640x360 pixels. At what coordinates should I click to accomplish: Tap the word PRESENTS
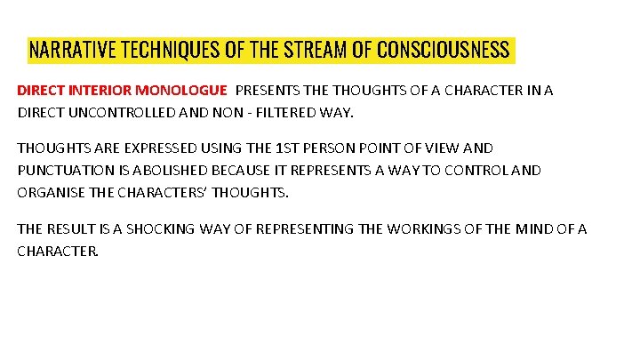(x=267, y=91)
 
